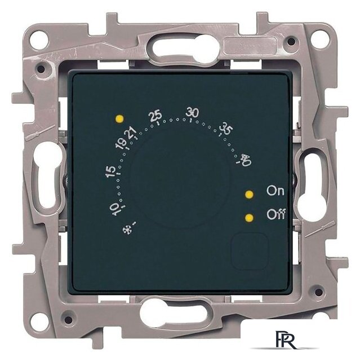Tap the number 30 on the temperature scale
click(193, 113)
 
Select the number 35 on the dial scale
click(226, 129)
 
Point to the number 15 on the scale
click(110, 171)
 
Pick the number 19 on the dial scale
click(121, 144)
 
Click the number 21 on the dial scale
click(131, 133)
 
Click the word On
click(275, 191)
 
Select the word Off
click(276, 214)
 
